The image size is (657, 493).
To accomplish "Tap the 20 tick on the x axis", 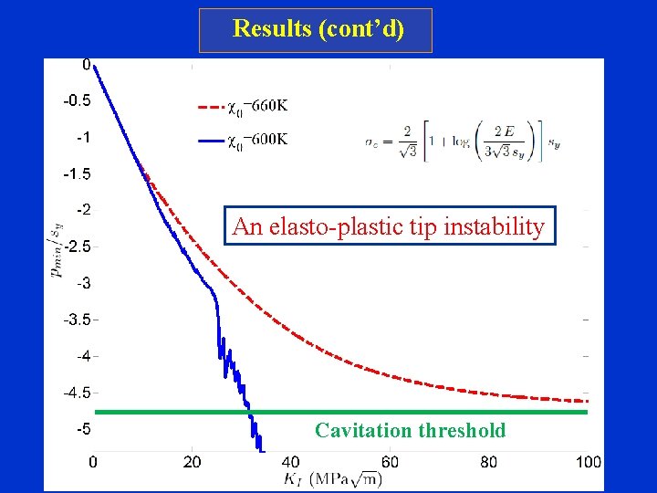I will (x=193, y=462).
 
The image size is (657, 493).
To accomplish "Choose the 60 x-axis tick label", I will (x=390, y=462).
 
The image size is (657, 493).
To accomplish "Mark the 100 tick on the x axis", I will (x=588, y=462).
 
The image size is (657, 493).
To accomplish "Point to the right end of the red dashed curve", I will (x=587, y=401).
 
